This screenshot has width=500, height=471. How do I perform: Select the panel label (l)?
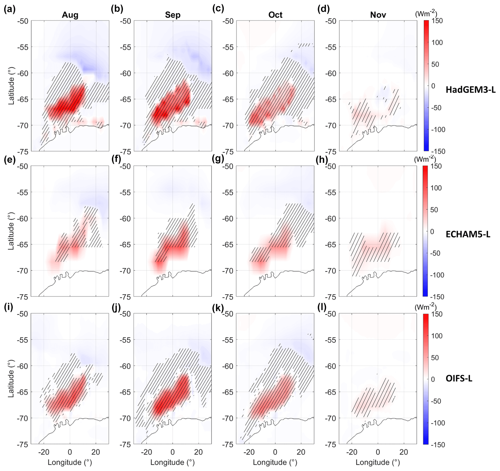click(321, 307)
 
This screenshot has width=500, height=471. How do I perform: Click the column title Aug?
click(70, 15)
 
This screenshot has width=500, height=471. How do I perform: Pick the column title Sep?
click(172, 15)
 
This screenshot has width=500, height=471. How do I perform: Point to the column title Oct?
click(276, 15)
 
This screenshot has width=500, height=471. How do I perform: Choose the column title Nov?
click(378, 15)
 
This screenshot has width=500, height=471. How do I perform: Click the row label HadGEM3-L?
click(470, 90)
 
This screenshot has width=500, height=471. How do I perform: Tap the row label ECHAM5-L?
click(468, 235)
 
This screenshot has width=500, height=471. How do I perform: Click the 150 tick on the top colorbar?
click(437, 21)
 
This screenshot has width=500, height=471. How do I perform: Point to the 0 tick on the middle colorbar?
click(432, 232)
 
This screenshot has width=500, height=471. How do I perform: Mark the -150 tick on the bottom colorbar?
click(438, 445)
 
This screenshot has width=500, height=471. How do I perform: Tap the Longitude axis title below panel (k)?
click(275, 462)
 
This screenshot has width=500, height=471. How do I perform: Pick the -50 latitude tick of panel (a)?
click(23, 21)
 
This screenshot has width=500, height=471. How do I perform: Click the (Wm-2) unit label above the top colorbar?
click(425, 14)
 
